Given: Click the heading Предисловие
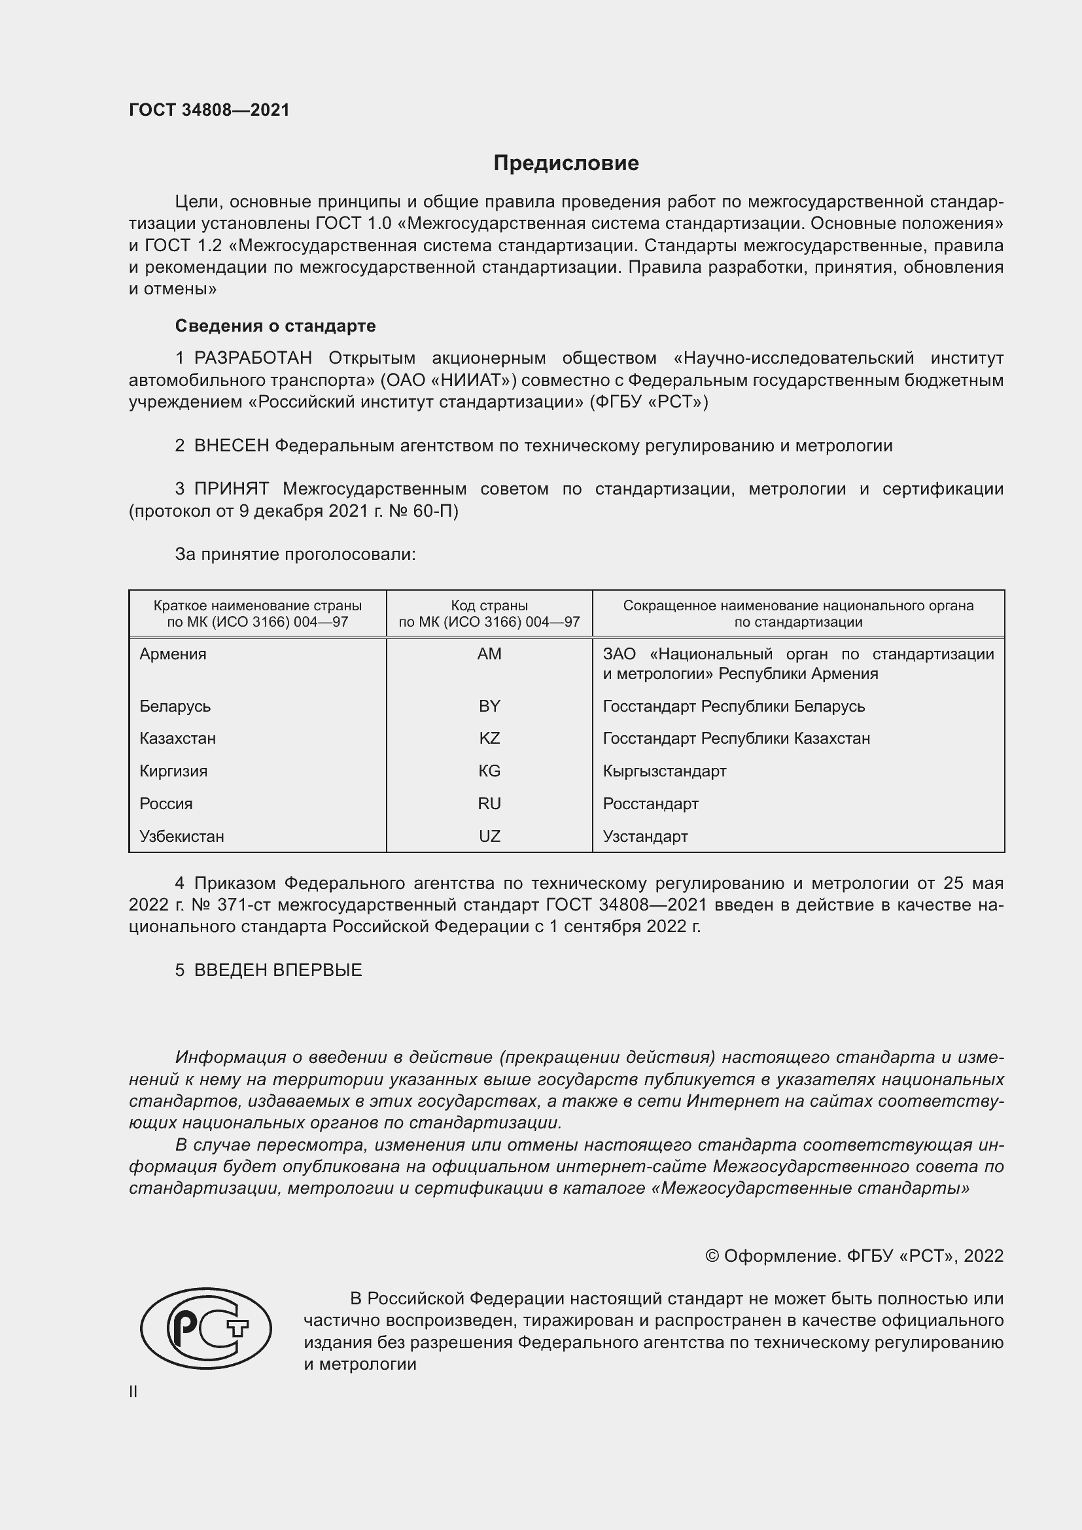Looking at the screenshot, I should point(566,164).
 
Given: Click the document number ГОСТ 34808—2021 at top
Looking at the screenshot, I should point(209,110).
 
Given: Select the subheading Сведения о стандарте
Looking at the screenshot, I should point(275,326).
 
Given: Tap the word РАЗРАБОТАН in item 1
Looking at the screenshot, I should point(253,358).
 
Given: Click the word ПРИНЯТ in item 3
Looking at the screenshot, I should point(231,489).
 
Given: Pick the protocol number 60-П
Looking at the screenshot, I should point(438,511).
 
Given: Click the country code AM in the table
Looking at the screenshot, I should point(489,653).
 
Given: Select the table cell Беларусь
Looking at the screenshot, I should point(175,706).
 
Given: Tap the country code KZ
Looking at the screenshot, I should point(489,739).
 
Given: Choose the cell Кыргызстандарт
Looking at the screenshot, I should point(664,771).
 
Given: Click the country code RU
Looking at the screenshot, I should point(489,804).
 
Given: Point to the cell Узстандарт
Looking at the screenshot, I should point(645,837).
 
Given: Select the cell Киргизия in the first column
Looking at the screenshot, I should point(173,771).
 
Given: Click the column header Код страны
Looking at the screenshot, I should point(489,606).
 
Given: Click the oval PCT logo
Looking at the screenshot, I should point(206,1328).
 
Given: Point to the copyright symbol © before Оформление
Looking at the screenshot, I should point(712,1256).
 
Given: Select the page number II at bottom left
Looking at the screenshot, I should point(133,1391).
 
